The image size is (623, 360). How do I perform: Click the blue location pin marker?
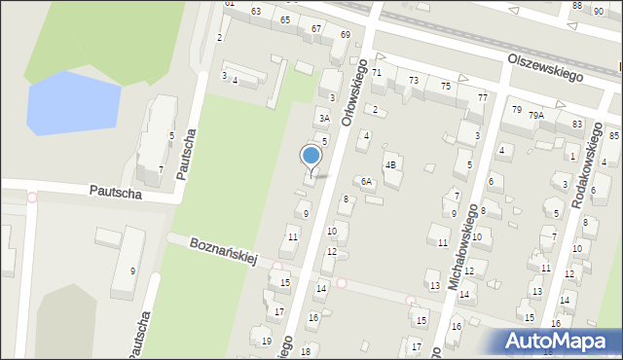(x=311, y=158)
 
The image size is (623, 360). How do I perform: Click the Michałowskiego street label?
(x=462, y=247)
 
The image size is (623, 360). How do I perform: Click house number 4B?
(x=391, y=164)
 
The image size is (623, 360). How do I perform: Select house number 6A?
(x=367, y=182)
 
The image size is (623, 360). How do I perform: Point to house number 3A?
(x=325, y=119)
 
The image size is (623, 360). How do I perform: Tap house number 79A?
(x=536, y=115)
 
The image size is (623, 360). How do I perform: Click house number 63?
(x=256, y=11)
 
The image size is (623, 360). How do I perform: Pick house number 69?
(x=345, y=35)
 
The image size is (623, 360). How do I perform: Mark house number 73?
(x=414, y=80)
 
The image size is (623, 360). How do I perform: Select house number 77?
(x=483, y=98)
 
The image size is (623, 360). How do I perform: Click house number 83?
(x=577, y=124)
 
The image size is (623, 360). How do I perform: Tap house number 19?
(x=267, y=341)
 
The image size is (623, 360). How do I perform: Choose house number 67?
(x=316, y=28)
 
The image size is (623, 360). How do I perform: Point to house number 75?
(x=446, y=87)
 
